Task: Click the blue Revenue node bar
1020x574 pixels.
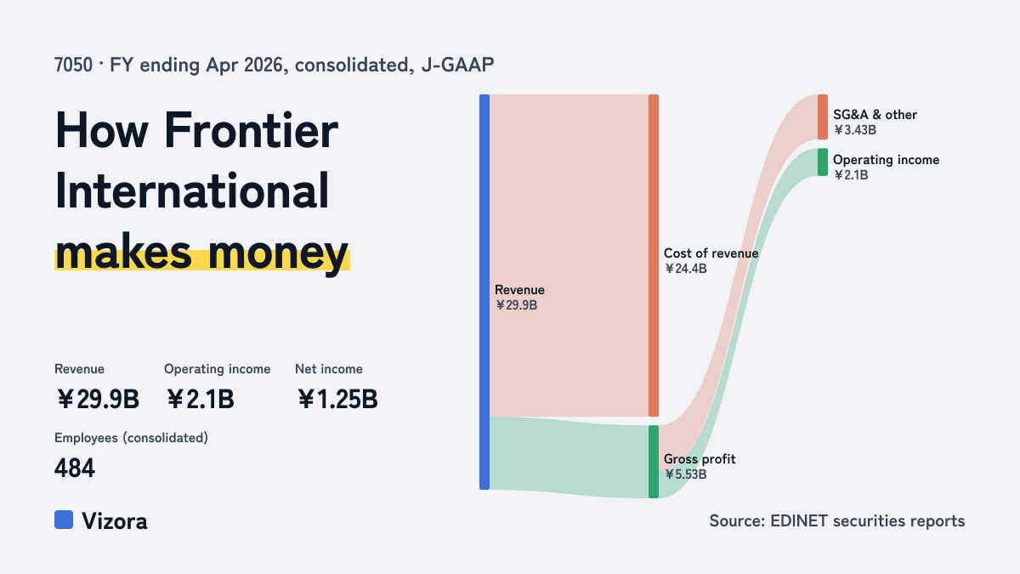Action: click(x=484, y=292)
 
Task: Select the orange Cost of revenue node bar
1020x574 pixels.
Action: click(x=654, y=256)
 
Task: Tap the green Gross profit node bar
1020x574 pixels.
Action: click(x=654, y=462)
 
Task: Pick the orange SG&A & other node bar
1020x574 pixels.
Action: click(x=823, y=117)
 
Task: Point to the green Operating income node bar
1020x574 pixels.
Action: click(x=823, y=162)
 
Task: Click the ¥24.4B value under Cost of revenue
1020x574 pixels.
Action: click(x=685, y=269)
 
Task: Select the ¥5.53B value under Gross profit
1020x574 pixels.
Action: click(x=685, y=475)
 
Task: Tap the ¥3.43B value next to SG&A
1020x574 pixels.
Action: click(x=855, y=130)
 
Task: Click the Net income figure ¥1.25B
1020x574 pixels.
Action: click(x=337, y=399)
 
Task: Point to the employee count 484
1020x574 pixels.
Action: click(x=75, y=469)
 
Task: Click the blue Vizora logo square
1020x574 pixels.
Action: click(x=64, y=520)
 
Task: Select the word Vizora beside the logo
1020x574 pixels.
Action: click(x=115, y=521)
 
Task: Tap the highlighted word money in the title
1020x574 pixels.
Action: click(x=278, y=253)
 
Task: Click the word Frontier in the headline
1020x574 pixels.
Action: click(x=251, y=131)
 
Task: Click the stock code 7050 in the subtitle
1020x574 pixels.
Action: click(x=73, y=65)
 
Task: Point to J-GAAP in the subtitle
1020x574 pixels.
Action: click(x=457, y=65)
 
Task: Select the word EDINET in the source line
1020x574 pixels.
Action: click(x=799, y=520)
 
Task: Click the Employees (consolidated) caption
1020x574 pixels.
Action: click(x=131, y=438)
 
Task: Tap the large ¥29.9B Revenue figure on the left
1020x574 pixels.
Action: click(x=98, y=399)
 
